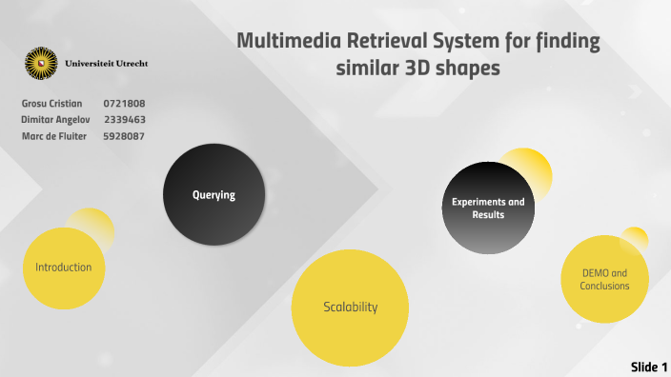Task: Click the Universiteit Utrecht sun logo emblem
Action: coord(41,64)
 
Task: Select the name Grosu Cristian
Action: coord(51,103)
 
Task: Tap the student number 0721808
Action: coord(124,103)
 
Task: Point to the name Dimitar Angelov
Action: coord(56,120)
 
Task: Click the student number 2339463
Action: coord(124,120)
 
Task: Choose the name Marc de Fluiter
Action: coord(54,136)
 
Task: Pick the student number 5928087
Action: coord(124,136)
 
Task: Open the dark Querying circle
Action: coord(213,195)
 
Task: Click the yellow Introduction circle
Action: coord(64,268)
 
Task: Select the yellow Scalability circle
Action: coord(350,307)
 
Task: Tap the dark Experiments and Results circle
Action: coord(488,208)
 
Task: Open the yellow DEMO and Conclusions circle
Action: coord(605,279)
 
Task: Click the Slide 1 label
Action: coord(648,367)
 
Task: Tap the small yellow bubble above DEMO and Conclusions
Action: coord(635,239)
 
